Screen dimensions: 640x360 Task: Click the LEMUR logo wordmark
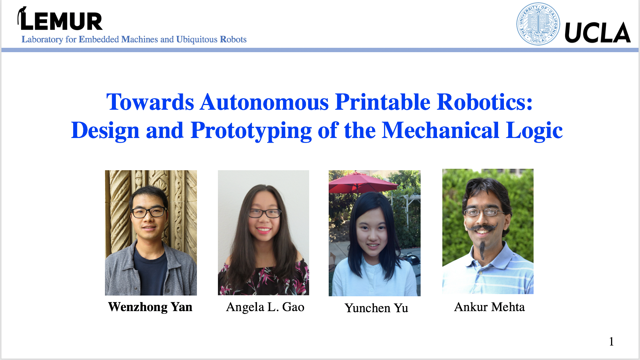tap(60, 19)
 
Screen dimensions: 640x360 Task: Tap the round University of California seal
tap(538, 24)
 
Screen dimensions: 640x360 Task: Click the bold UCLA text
tap(597, 33)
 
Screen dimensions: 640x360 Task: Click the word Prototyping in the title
tap(251, 131)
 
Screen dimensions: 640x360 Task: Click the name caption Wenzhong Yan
tap(150, 307)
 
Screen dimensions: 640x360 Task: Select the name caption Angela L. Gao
tap(265, 307)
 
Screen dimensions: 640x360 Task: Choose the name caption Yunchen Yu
tap(376, 308)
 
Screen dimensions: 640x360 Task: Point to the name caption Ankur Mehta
tap(489, 307)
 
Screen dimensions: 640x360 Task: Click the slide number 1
tap(611, 342)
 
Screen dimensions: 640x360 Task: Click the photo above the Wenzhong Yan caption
tap(151, 233)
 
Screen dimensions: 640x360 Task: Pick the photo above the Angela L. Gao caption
tap(264, 233)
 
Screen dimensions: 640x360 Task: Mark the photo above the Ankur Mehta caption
tap(488, 231)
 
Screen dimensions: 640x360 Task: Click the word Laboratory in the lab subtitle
tap(42, 39)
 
